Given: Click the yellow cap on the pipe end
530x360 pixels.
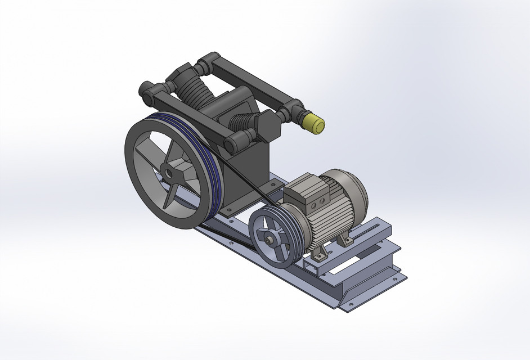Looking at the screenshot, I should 314,123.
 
